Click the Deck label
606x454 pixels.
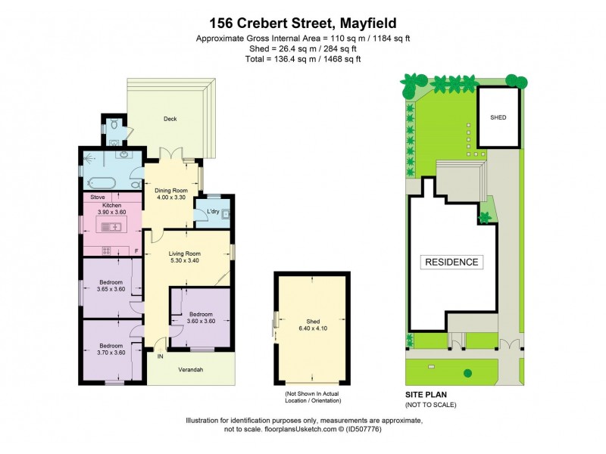[170, 119]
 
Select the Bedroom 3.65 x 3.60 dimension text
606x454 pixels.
[111, 288]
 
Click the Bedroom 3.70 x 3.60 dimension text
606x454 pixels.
[111, 351]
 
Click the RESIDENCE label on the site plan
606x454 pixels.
[451, 263]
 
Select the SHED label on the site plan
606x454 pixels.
[498, 118]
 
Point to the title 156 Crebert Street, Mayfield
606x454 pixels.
[303, 23]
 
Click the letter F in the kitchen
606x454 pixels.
[136, 250]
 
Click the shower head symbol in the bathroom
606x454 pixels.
[91, 159]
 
